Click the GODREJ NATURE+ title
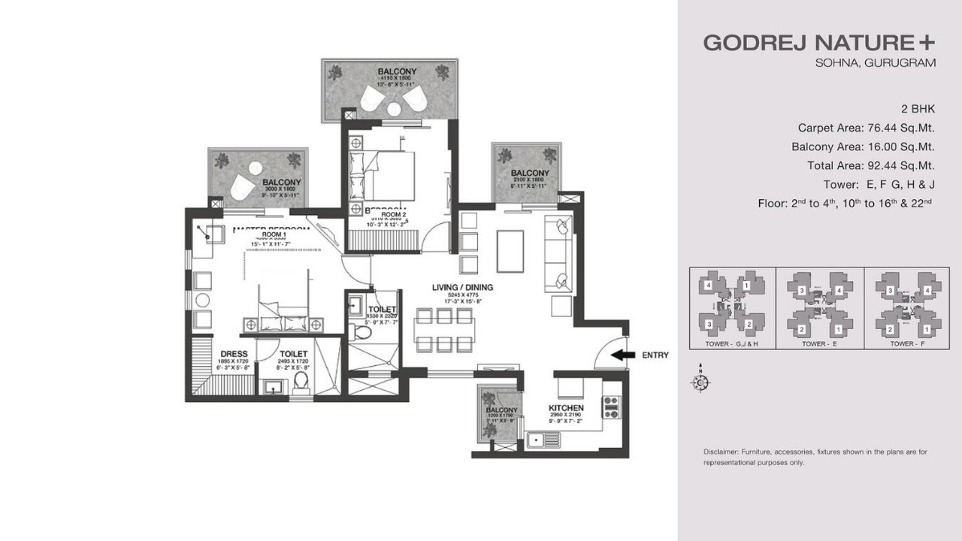point(820,43)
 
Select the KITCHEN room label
point(566,408)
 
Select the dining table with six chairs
point(443,330)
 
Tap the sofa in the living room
point(560,252)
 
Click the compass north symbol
point(700,382)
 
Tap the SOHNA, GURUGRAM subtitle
point(876,63)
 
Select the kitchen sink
point(538,440)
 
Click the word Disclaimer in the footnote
point(720,452)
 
